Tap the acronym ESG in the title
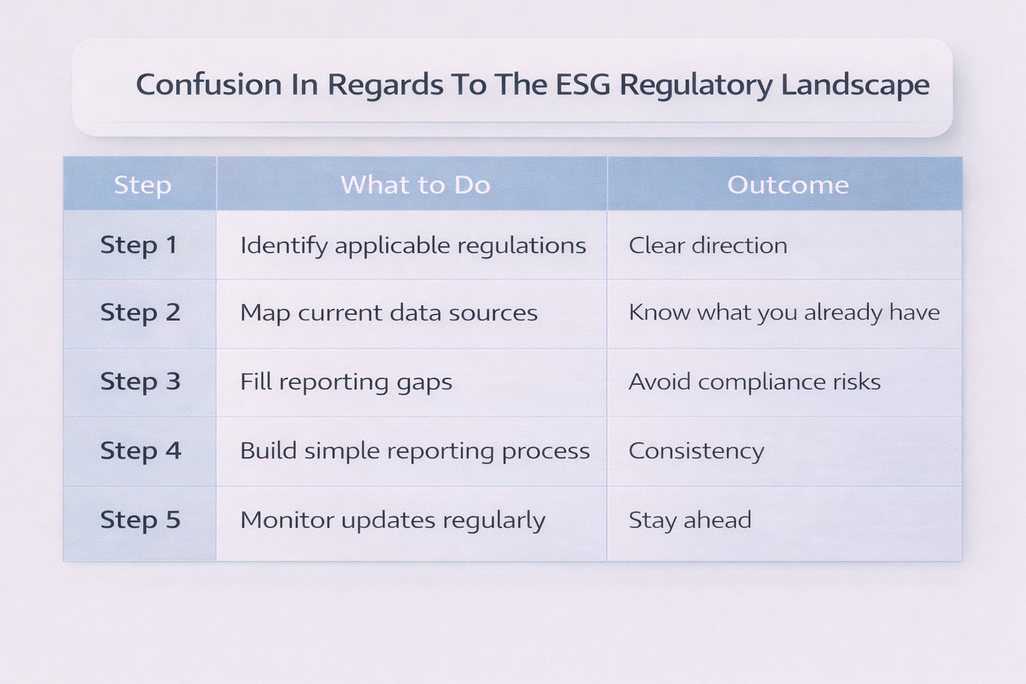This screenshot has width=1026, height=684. [x=582, y=85]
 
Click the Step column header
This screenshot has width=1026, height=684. [x=142, y=185]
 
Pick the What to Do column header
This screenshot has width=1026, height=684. [x=415, y=185]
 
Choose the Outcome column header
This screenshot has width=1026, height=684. [x=788, y=185]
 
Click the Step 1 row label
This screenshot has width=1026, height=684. [x=139, y=245]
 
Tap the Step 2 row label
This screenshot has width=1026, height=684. [x=140, y=313]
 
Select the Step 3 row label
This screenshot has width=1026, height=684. [x=140, y=381]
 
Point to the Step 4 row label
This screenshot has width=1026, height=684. [x=140, y=451]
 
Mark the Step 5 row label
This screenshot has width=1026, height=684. [x=140, y=520]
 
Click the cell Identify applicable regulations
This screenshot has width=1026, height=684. [x=413, y=246]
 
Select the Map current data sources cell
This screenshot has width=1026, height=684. [x=389, y=313]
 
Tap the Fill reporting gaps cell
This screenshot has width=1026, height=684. [x=346, y=382]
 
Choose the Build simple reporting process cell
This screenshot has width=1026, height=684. [x=415, y=451]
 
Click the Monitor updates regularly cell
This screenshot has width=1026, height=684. [x=393, y=520]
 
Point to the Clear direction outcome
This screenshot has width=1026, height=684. [x=708, y=246]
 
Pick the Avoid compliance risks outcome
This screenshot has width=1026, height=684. [x=755, y=382]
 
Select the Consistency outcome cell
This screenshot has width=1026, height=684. [x=696, y=452]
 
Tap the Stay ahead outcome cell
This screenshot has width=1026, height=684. [x=690, y=520]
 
